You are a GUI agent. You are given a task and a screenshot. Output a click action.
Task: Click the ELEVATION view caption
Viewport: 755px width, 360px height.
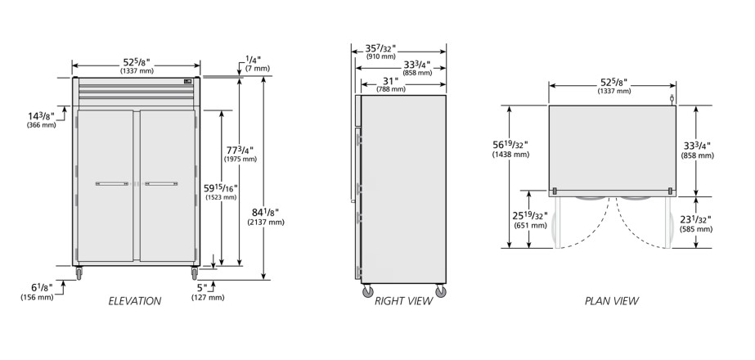pyautogui.click(x=135, y=301)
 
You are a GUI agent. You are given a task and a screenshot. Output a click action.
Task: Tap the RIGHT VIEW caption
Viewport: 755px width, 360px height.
pyautogui.click(x=403, y=301)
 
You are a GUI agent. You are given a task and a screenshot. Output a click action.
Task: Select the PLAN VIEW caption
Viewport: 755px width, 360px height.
pyautogui.click(x=612, y=301)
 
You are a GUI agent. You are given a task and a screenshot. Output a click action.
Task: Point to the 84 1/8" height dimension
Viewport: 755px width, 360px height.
pyautogui.click(x=266, y=216)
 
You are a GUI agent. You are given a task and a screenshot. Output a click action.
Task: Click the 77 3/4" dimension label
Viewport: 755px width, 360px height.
pyautogui.click(x=240, y=154)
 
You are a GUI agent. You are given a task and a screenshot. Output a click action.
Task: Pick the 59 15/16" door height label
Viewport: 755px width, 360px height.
pyautogui.click(x=221, y=191)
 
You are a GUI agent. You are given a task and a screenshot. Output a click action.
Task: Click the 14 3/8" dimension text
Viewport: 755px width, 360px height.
pyautogui.click(x=41, y=120)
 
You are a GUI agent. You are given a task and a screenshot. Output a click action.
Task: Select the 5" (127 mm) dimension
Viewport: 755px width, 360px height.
pyautogui.click(x=208, y=292)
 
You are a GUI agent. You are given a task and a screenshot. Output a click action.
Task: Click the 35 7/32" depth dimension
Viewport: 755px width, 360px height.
pyautogui.click(x=380, y=52)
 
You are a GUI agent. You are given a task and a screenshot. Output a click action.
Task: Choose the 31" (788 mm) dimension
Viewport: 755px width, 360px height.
pyautogui.click(x=391, y=85)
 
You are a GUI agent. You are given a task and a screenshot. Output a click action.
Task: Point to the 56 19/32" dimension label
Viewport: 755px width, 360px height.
pyautogui.click(x=510, y=149)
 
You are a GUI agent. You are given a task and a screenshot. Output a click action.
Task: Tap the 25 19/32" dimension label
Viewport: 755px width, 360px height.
pyautogui.click(x=530, y=220)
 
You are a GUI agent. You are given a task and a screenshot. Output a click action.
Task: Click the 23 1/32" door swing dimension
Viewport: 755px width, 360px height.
pyautogui.click(x=696, y=223)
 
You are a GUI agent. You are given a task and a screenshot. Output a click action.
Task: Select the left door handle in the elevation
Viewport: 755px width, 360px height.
pyautogui.click(x=112, y=183)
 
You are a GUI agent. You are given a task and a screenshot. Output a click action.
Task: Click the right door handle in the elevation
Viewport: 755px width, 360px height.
pyautogui.click(x=161, y=183)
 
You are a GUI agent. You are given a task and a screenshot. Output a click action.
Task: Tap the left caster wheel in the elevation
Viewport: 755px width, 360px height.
pyautogui.click(x=79, y=274)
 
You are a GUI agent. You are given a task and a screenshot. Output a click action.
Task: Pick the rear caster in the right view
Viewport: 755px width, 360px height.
pyautogui.click(x=440, y=290)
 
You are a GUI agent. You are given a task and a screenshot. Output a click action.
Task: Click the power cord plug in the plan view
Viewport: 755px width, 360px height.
pyautogui.click(x=672, y=100)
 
